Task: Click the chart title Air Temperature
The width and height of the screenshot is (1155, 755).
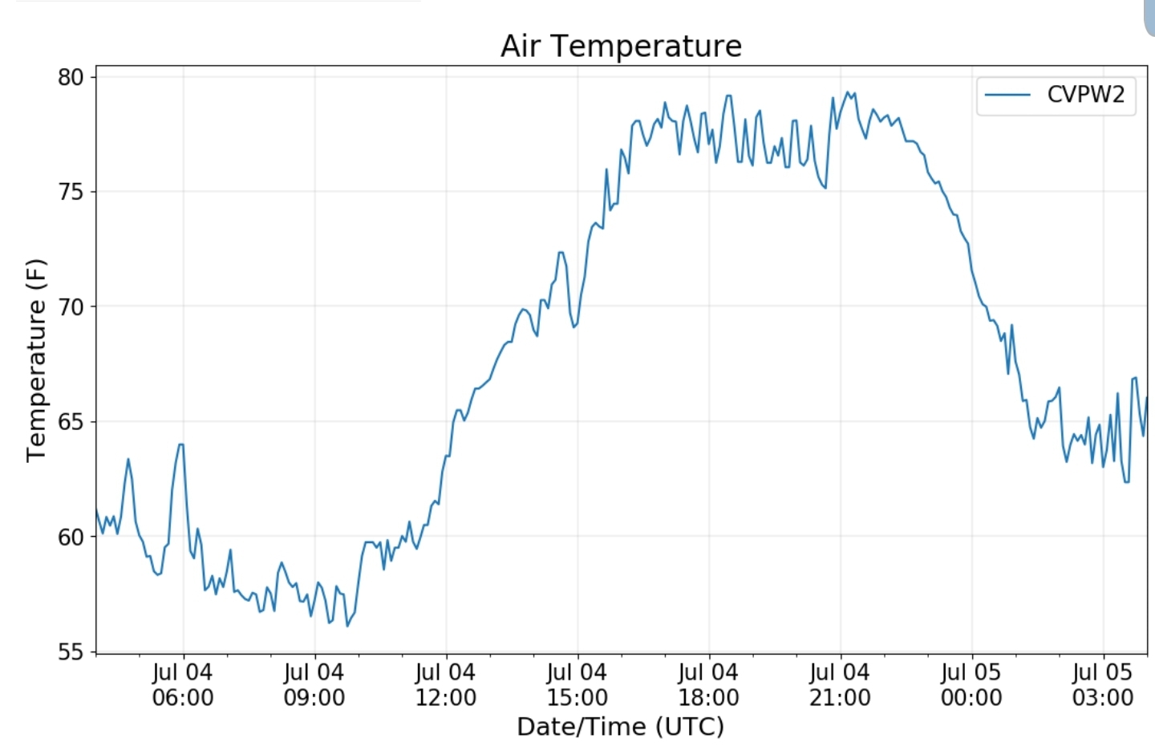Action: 621,46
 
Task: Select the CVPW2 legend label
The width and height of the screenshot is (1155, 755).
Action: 1085,95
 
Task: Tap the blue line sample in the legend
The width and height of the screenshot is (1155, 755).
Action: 1007,95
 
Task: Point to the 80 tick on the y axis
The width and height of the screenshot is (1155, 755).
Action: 71,77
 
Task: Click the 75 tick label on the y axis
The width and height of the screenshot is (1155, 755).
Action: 71,192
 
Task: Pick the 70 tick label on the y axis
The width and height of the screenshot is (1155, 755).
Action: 71,306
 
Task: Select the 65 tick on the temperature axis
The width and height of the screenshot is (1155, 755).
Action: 71,422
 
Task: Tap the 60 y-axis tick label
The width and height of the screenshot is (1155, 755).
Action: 71,537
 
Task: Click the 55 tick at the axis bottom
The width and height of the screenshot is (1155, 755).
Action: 71,651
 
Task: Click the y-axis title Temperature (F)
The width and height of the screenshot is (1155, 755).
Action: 36,360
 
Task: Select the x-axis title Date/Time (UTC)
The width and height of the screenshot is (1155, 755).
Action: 620,726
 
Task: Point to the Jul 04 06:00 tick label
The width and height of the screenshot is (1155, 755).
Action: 183,684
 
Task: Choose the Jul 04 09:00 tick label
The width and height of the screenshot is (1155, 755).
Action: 314,684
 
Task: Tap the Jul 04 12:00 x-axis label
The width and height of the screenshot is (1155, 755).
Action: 446,684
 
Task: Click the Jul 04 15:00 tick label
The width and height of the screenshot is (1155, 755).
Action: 577,684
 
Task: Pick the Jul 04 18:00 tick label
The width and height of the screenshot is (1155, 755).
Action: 709,684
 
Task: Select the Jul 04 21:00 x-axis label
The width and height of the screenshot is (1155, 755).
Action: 840,684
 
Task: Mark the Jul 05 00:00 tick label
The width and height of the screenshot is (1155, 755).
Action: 971,684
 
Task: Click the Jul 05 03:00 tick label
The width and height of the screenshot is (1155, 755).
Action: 1103,684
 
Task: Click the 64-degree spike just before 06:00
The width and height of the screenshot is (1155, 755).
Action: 181,444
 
